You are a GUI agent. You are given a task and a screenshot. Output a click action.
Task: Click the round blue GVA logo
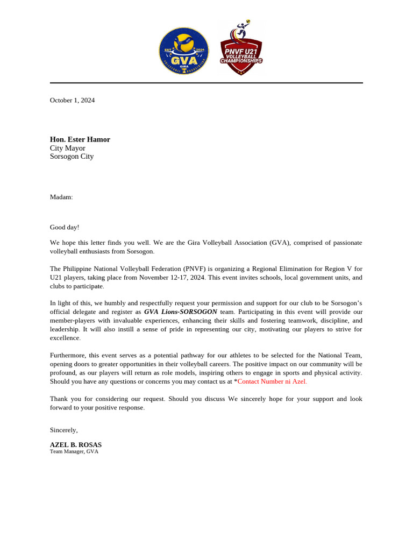(184, 51)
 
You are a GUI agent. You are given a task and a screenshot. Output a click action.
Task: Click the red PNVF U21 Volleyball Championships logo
(241, 50)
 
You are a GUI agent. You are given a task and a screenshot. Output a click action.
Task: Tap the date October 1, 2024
(72, 100)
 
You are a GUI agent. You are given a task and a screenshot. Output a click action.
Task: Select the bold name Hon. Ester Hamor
(80, 139)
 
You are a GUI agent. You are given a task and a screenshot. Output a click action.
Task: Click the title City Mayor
(68, 148)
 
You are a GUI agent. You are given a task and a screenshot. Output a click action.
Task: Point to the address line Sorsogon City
(72, 157)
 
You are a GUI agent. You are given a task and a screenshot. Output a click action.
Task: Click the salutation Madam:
(61, 197)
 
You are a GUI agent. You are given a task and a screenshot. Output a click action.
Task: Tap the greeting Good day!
(65, 227)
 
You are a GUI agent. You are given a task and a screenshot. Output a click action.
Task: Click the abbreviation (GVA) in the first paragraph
(280, 243)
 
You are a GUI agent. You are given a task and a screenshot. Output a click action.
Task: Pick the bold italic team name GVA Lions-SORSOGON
(181, 312)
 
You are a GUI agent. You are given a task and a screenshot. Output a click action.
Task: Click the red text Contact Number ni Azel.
(272, 382)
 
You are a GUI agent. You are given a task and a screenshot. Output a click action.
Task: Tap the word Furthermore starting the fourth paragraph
(68, 355)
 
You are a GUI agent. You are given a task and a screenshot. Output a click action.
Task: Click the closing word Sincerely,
(64, 430)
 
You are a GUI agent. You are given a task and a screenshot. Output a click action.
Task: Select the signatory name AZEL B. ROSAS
(76, 445)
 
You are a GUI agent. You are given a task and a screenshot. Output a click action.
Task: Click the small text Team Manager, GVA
(74, 451)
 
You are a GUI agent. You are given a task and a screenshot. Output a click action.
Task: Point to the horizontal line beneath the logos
(206, 83)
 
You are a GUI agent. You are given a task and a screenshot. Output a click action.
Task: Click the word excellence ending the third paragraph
(65, 338)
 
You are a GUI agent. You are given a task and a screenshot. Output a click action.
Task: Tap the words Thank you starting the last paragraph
(62, 399)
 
